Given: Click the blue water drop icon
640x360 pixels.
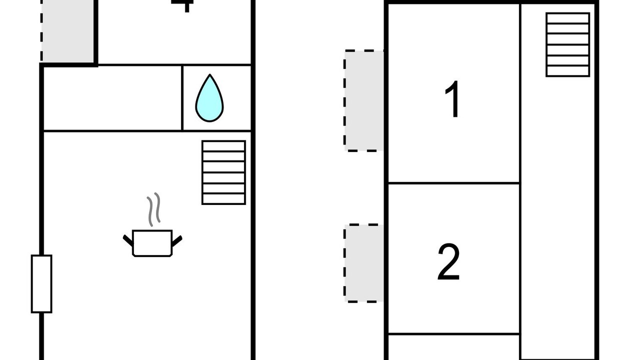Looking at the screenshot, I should coord(209,99).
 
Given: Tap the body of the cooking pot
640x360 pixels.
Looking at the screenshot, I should coord(152,243).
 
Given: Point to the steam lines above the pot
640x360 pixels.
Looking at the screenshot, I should coord(153,209).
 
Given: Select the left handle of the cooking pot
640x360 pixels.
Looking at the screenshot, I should coord(128,240).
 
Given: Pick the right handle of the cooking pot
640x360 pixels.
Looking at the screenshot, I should coord(176,240).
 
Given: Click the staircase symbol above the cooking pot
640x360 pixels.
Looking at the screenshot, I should coord(223,172).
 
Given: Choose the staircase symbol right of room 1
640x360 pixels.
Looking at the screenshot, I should coord(567,44).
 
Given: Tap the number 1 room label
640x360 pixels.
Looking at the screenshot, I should coord(453,99).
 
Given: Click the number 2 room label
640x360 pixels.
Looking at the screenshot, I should coord(448,262).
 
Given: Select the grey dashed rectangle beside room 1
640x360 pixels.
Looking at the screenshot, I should coord(364,100).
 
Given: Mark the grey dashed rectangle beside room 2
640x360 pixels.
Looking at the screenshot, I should coord(364,263).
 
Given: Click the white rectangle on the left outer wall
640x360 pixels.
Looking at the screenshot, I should coord(41,283).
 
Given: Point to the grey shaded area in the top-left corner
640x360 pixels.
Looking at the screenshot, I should coord(67,30).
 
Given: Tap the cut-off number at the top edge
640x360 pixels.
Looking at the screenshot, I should coord(182,4).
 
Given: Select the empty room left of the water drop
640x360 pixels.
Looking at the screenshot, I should coord(112,98).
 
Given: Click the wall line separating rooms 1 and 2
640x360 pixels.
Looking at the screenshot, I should coord(453,183).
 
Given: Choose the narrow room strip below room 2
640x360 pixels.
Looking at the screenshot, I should coord(453,347).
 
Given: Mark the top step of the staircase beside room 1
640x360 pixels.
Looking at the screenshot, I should coord(567,18).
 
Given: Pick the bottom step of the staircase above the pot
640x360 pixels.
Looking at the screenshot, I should coord(223,199).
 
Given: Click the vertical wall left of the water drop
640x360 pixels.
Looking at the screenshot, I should coord(182,98).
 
